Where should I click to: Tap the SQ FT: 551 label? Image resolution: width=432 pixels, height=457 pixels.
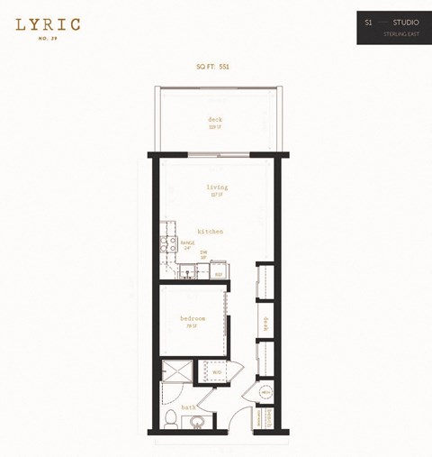pos(215,67)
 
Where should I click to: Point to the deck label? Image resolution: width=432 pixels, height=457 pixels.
pos(215,120)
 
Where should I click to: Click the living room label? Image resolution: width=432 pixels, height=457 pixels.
pos(217,187)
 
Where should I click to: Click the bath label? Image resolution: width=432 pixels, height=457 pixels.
pos(190,407)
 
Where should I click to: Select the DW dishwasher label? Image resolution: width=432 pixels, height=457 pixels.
pos(203,255)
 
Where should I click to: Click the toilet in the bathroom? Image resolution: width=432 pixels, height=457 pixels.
pos(171,418)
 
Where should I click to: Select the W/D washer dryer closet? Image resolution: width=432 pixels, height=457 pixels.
pos(215,370)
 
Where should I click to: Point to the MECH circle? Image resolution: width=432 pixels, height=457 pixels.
pos(265,393)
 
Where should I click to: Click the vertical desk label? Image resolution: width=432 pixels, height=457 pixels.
pos(265,323)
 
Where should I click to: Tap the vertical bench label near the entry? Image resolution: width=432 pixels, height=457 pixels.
pos(267,417)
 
